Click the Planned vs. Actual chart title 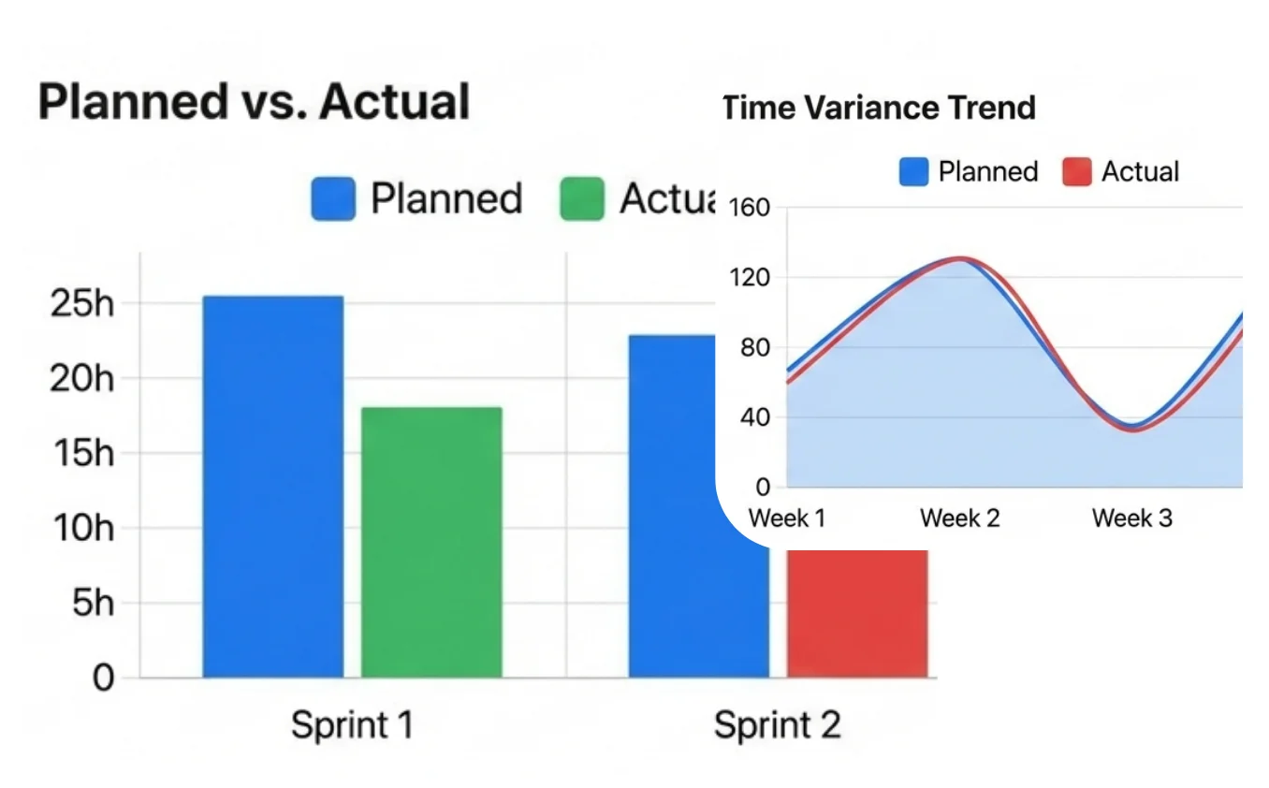(x=254, y=102)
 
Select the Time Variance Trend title (x=880, y=109)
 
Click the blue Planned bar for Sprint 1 (x=273, y=487)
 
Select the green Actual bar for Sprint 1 (x=431, y=543)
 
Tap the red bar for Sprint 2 (x=857, y=613)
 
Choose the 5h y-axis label (x=93, y=604)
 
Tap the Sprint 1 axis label (x=352, y=725)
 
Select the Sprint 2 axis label (x=777, y=725)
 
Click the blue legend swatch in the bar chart (x=333, y=199)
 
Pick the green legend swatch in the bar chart (x=582, y=199)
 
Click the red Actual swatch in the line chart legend (x=1077, y=172)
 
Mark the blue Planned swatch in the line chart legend (x=913, y=172)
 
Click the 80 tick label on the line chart (x=753, y=348)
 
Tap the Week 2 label (x=960, y=518)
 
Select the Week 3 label (x=1131, y=518)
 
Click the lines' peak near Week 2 (x=960, y=259)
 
